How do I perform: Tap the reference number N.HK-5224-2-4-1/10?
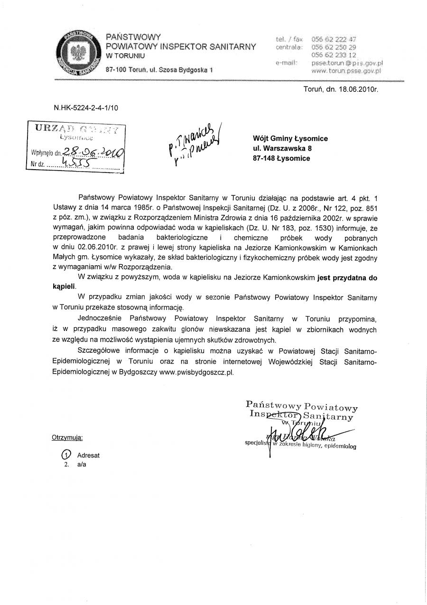86,108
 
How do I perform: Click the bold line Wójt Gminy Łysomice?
290,138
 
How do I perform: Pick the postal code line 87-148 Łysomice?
281,158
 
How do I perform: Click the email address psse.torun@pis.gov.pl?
347,63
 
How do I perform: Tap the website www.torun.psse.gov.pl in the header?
347,71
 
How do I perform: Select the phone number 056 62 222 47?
334,39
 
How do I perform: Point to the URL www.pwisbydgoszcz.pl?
197,373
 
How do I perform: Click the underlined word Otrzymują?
67,437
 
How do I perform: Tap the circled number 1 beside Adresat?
67,454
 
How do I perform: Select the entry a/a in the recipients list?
82,464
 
